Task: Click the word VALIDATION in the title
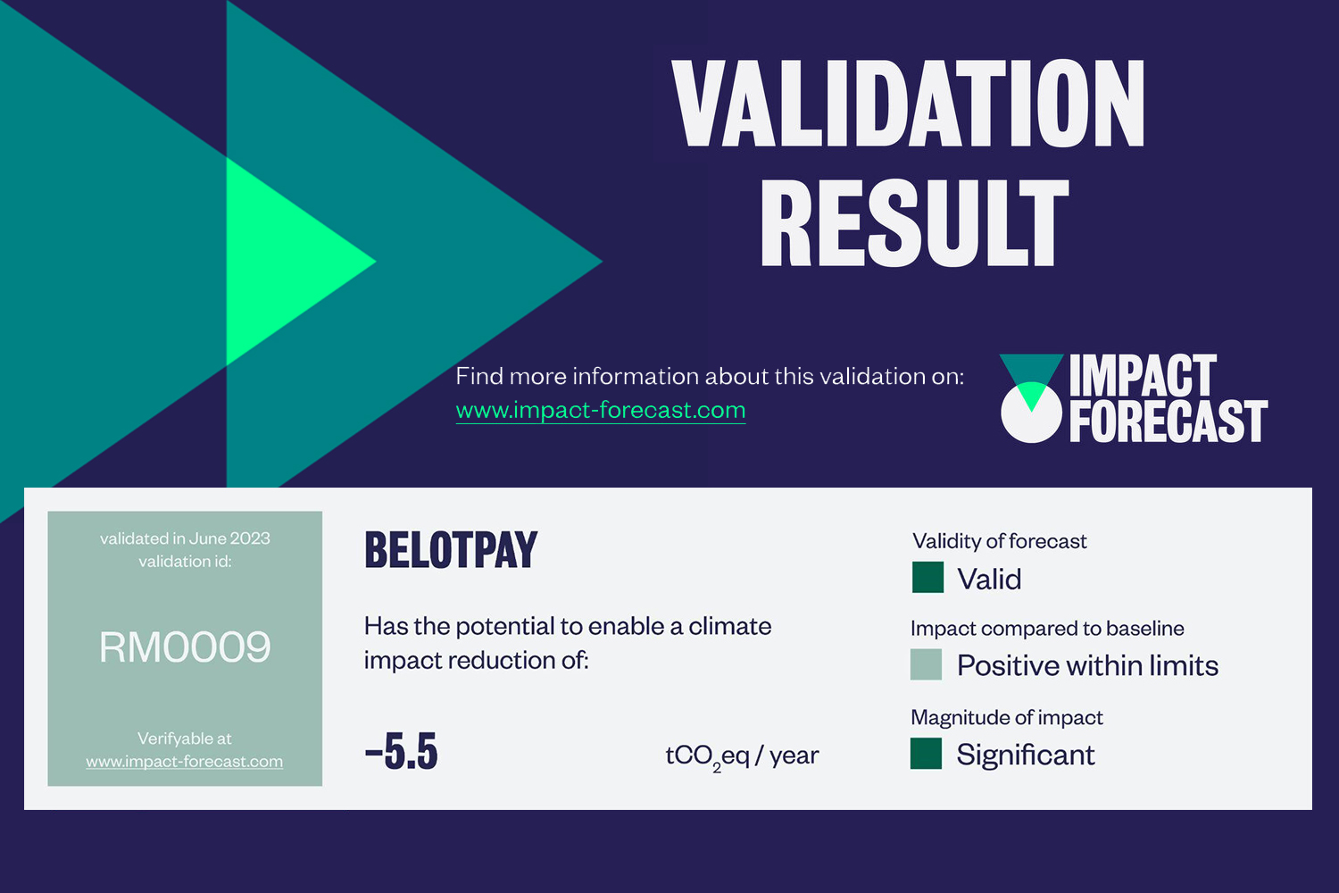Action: click(908, 103)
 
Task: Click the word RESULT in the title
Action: click(914, 222)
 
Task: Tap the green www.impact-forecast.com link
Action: click(601, 410)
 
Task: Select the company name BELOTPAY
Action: click(451, 550)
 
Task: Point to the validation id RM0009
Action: click(185, 647)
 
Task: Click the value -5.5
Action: click(401, 751)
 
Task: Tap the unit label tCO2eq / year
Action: click(742, 757)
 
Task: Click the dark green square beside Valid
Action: click(927, 577)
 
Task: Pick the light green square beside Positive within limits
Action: click(926, 664)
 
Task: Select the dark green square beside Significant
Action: click(926, 753)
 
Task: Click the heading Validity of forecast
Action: click(1000, 541)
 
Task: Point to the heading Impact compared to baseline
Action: click(1047, 629)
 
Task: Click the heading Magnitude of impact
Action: click(1007, 717)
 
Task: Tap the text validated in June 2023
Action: click(185, 538)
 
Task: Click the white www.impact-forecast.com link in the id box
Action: click(185, 762)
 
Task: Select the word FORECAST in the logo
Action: click(1168, 421)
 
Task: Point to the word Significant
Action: click(1026, 755)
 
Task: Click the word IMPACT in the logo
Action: click(1143, 375)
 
